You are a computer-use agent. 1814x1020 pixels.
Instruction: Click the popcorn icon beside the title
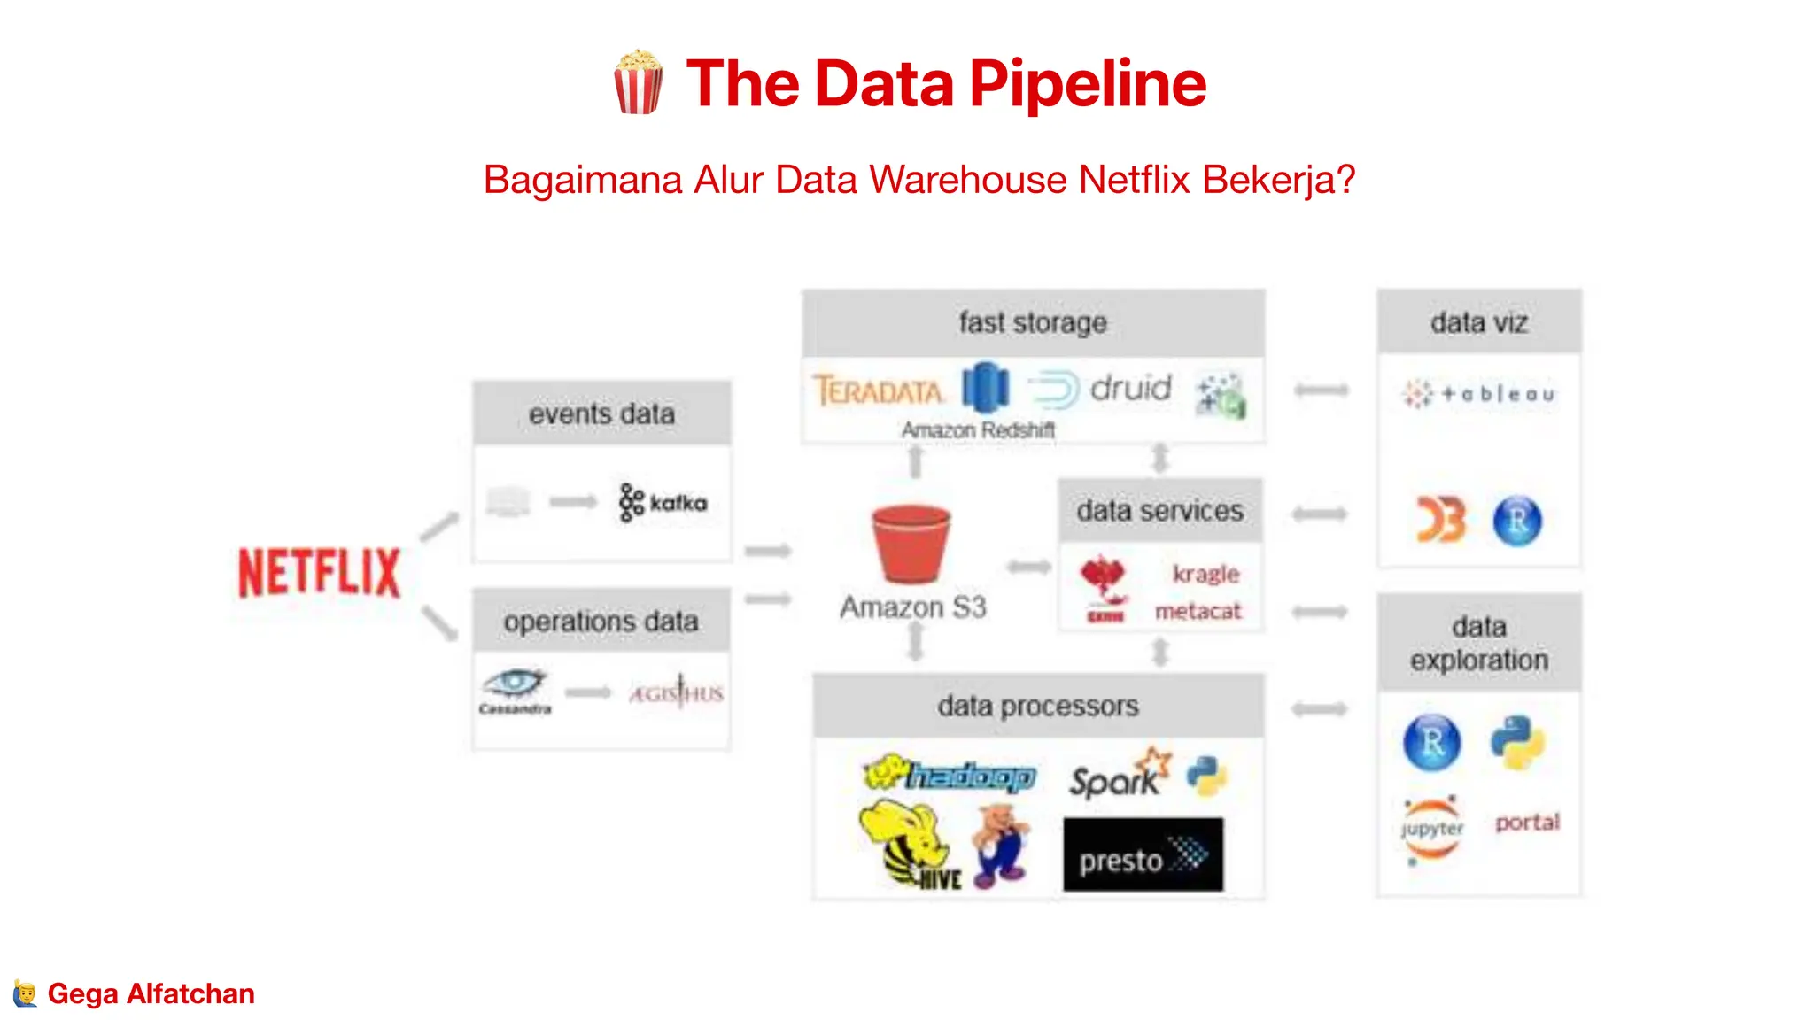[x=638, y=82]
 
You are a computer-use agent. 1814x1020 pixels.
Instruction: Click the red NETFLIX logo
[x=319, y=572]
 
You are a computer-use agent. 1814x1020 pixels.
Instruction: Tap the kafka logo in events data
[x=663, y=503]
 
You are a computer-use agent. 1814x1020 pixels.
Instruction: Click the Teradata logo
[x=878, y=390]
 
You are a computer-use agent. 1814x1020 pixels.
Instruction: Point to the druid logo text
[x=1130, y=388]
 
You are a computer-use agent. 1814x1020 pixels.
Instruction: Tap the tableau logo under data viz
[x=1479, y=394]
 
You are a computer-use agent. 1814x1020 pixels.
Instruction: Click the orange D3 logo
[x=1440, y=520]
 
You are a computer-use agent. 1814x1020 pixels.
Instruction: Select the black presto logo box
[x=1143, y=854]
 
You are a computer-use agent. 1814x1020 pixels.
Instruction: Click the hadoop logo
[x=950, y=775]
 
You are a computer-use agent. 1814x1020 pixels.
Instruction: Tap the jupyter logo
[x=1431, y=830]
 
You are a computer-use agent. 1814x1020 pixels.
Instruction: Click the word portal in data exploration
[x=1527, y=823]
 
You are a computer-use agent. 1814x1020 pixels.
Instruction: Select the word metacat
[x=1198, y=611]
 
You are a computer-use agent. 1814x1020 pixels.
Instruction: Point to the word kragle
[x=1205, y=574]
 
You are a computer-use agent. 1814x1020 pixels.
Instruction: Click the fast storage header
[x=1033, y=323]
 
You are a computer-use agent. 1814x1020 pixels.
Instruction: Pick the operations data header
[x=601, y=622]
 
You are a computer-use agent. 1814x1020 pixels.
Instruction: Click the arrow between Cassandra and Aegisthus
[x=588, y=692]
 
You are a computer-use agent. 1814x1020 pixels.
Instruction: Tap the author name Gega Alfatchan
[x=151, y=993]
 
